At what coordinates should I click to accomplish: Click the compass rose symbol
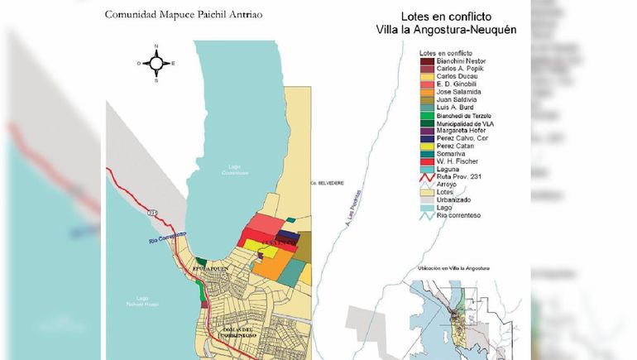pyautogui.click(x=156, y=62)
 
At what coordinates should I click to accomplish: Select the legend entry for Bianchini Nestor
pyautogui.click(x=452, y=60)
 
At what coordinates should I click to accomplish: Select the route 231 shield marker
pyautogui.click(x=151, y=212)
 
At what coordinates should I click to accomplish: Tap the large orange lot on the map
pyautogui.click(x=274, y=266)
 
